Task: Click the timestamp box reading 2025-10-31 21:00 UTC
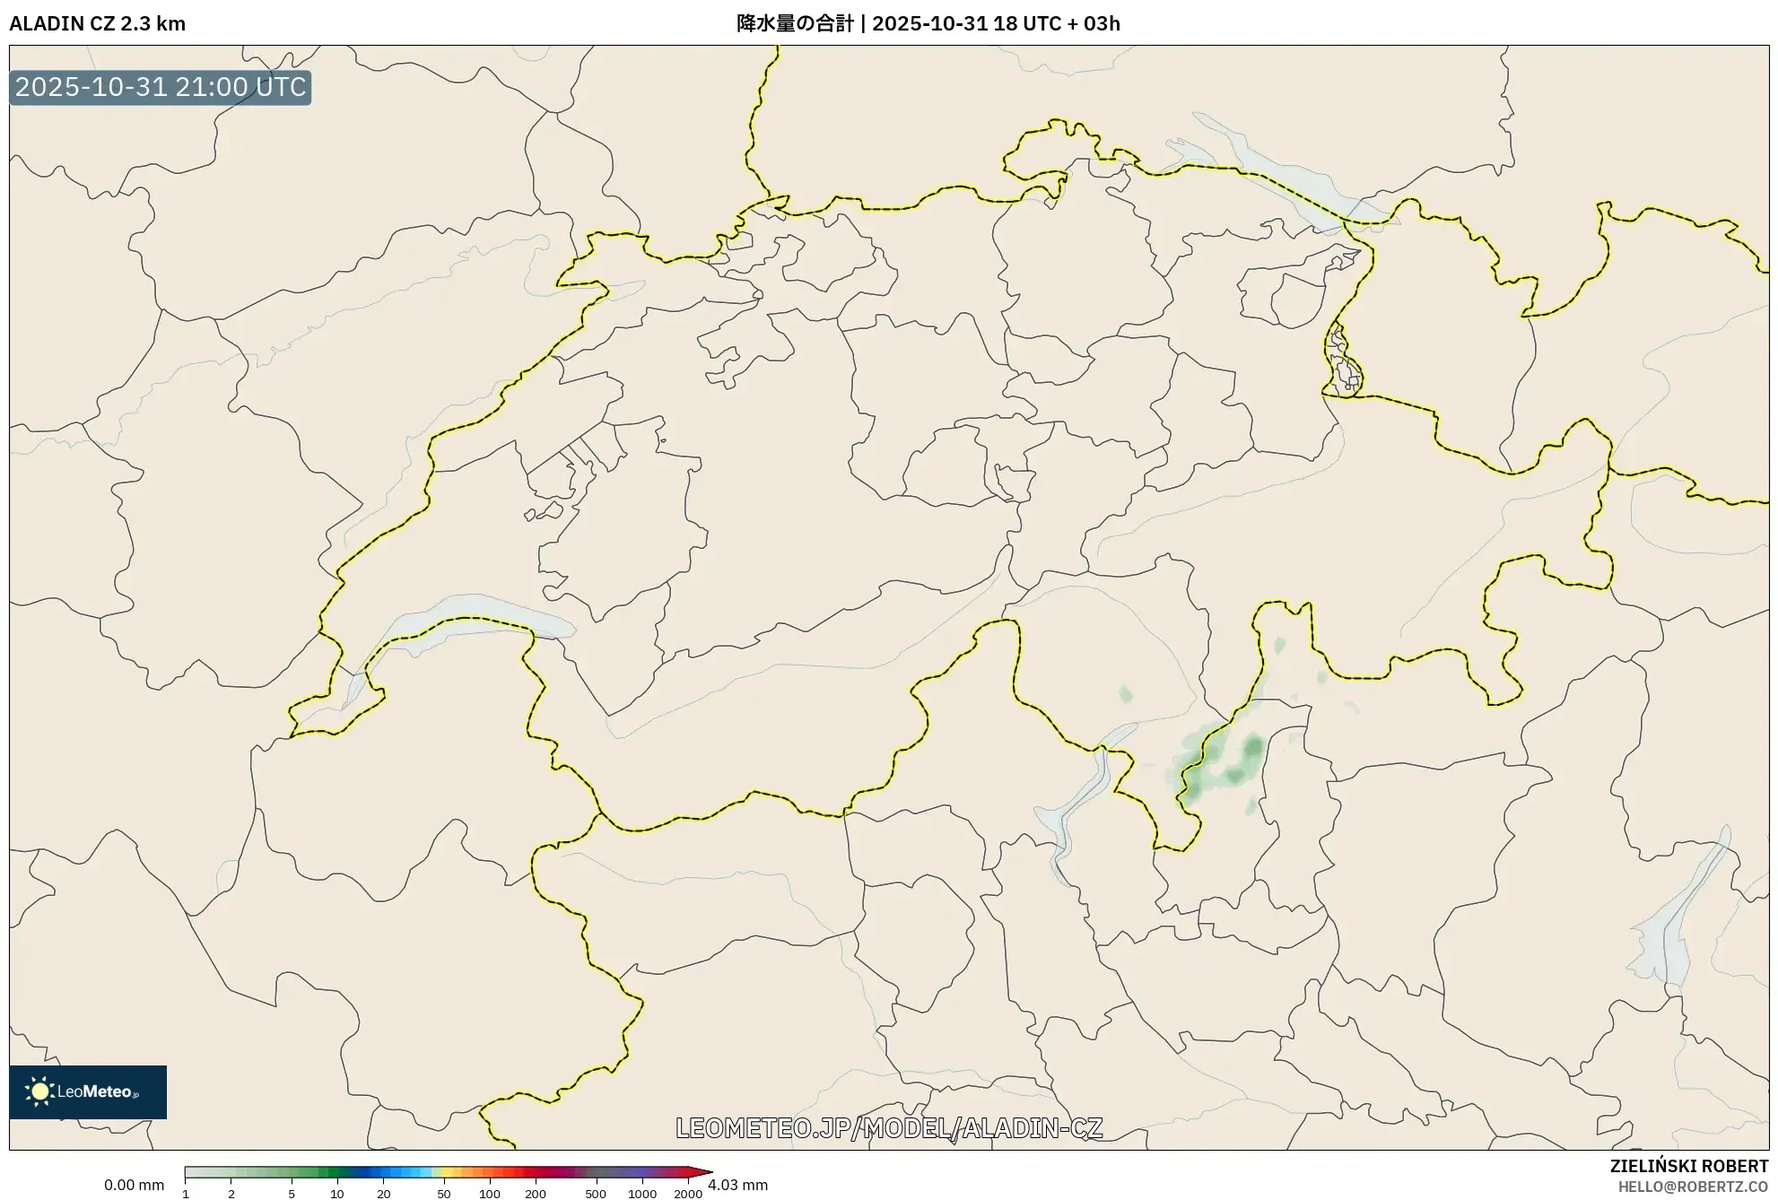(160, 87)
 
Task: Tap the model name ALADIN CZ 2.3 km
(97, 23)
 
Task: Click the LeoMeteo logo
(87, 1091)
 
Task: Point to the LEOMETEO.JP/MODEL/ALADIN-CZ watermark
(889, 1127)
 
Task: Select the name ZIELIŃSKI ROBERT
(1688, 1166)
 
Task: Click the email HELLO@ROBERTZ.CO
(1693, 1187)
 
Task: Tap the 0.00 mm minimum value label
(134, 1185)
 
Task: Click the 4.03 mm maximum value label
(737, 1185)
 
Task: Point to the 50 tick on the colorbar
(444, 1193)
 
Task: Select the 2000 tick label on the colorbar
(688, 1194)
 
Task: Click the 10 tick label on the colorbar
(337, 1194)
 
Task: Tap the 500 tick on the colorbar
(596, 1194)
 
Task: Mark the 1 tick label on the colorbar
(186, 1194)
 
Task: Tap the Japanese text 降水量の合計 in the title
(795, 23)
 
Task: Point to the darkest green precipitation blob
(1252, 746)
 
